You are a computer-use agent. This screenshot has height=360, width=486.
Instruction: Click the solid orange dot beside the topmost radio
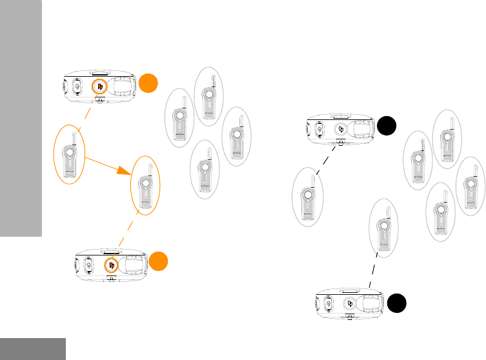pyautogui.click(x=149, y=83)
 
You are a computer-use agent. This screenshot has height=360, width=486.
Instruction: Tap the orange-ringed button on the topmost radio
pyautogui.click(x=99, y=86)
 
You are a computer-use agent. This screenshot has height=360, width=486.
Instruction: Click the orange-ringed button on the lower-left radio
pyautogui.click(x=111, y=265)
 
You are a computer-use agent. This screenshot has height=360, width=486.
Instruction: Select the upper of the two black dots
pyautogui.click(x=387, y=125)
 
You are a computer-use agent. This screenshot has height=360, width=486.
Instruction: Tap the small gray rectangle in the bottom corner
pyautogui.click(x=32, y=348)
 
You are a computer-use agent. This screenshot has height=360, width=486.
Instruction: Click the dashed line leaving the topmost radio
pyautogui.click(x=83, y=115)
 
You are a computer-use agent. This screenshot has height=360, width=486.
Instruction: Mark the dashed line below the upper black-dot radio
pyautogui.click(x=322, y=157)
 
